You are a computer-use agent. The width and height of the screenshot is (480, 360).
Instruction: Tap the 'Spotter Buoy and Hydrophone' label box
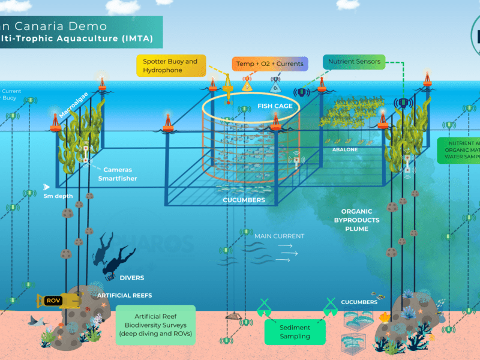(x=170, y=65)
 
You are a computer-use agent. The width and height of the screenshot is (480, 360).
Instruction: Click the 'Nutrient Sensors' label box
(x=353, y=61)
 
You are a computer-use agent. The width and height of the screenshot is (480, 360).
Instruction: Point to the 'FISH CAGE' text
(x=275, y=106)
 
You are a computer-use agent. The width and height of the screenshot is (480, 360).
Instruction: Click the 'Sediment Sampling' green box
(x=295, y=332)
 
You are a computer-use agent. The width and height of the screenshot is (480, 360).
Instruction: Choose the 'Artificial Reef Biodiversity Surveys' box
(x=155, y=324)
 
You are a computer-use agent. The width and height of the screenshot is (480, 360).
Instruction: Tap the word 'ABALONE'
(x=344, y=148)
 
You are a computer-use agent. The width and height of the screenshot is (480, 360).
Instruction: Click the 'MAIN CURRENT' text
(x=279, y=236)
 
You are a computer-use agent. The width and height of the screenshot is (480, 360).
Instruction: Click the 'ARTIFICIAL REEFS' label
(x=125, y=295)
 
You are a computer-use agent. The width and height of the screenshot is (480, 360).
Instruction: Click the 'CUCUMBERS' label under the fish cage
(x=244, y=200)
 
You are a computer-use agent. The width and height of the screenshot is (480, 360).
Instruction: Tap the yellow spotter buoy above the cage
(x=228, y=90)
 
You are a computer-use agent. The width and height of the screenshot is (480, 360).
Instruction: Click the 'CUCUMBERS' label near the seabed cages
(x=359, y=302)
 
